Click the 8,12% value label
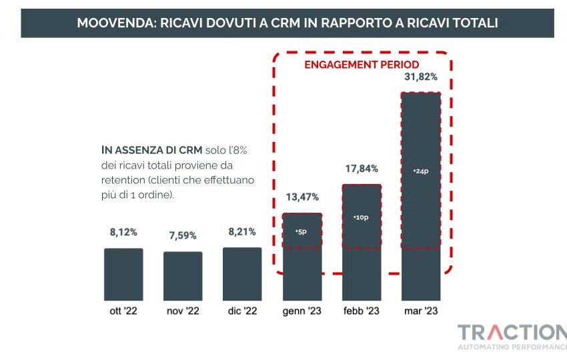tap(123, 233)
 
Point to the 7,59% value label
tap(183, 235)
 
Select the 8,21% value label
tap(242, 232)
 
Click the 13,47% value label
tap(302, 197)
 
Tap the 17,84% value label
tap(362, 169)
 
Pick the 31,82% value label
tap(421, 77)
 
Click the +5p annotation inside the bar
tap(302, 231)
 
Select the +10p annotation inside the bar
tap(362, 217)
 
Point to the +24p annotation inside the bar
tap(421, 171)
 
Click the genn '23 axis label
tap(302, 311)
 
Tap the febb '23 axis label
tap(362, 311)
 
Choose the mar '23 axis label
tap(421, 311)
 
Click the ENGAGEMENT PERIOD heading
tap(362, 65)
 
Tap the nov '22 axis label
tap(183, 311)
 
